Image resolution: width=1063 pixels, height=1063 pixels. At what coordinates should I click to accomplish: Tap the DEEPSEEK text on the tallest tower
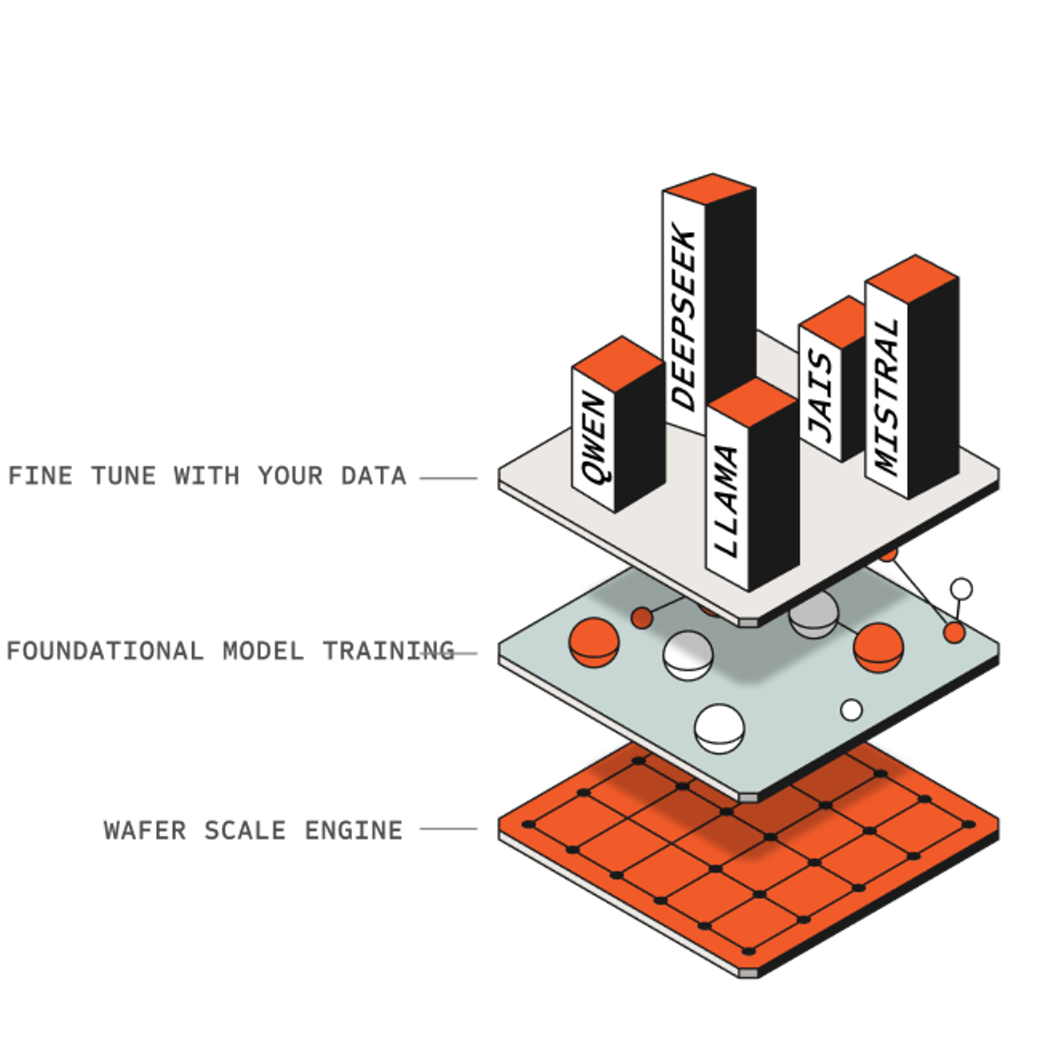(x=684, y=320)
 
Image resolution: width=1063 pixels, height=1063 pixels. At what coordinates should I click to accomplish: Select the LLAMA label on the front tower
(x=726, y=501)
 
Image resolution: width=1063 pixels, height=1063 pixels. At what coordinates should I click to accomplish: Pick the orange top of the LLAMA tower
(x=752, y=397)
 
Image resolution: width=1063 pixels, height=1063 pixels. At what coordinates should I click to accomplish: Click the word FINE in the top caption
(x=40, y=476)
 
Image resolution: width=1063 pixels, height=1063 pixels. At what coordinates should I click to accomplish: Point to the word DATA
(x=374, y=476)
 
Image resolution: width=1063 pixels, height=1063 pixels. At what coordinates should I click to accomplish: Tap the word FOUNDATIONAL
(x=105, y=651)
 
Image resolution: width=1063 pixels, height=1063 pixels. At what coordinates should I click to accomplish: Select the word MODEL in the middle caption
(x=263, y=651)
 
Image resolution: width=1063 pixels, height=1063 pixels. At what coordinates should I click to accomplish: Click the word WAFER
(x=144, y=830)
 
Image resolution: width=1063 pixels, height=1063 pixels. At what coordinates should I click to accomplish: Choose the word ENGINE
(x=353, y=830)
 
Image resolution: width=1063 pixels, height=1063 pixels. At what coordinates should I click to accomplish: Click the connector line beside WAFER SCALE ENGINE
(x=448, y=829)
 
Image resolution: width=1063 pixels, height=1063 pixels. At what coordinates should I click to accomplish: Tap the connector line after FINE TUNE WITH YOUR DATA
(x=448, y=478)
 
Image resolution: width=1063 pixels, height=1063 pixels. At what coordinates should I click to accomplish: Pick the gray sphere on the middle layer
(x=813, y=615)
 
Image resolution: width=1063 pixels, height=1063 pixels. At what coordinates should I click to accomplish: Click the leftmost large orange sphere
(x=594, y=640)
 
